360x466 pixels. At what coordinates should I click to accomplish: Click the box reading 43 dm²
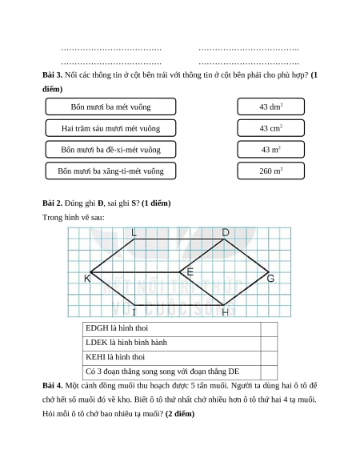point(270,106)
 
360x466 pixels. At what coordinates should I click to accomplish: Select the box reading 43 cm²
point(270,128)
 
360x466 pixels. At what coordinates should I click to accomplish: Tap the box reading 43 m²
point(270,149)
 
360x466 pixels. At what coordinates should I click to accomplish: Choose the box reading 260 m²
point(270,171)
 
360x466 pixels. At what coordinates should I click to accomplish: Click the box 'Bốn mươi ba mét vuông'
point(110,106)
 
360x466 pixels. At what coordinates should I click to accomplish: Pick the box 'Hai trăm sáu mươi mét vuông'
point(110,128)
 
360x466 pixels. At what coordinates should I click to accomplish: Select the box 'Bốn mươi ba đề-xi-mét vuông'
point(110,149)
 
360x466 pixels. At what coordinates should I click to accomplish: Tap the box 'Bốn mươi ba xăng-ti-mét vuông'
point(110,171)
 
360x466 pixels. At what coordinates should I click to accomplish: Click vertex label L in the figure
point(134,232)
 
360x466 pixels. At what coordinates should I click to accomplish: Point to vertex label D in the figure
point(226,232)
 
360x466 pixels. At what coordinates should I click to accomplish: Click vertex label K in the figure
point(87,279)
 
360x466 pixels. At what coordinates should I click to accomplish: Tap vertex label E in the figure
point(190,271)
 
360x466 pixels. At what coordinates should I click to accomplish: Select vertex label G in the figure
point(270,279)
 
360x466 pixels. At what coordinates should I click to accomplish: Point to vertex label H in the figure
point(226,312)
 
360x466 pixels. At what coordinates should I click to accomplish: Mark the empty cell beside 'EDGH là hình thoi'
point(269,329)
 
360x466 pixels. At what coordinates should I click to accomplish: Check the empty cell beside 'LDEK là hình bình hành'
point(269,343)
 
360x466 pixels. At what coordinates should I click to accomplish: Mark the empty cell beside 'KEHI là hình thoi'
point(269,358)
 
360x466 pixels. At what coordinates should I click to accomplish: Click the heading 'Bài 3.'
point(52,75)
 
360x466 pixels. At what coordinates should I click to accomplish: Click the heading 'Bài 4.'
point(52,385)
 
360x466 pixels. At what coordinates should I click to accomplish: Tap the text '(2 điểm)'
point(180,414)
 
